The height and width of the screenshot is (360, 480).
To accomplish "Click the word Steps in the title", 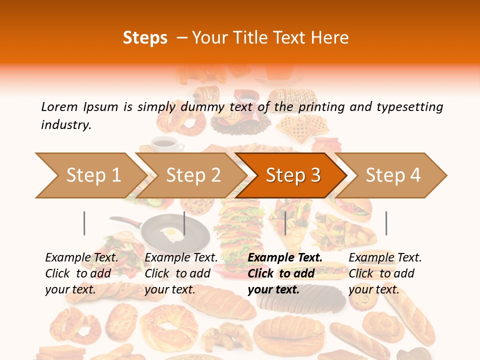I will (x=145, y=38).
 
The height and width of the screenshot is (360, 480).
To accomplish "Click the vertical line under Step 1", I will (x=84, y=223).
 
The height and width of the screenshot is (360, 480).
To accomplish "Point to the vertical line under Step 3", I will (x=285, y=223).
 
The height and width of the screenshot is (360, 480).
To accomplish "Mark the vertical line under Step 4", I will (x=386, y=223).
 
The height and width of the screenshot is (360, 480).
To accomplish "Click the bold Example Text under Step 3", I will (x=285, y=258).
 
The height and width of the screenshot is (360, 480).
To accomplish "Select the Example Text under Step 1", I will (x=81, y=258).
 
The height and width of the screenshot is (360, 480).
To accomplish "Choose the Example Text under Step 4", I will (x=385, y=258).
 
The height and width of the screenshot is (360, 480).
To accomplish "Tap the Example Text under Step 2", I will (x=181, y=258).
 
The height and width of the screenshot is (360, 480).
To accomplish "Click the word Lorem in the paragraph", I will (x=59, y=107).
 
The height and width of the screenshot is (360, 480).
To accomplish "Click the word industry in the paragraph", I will (x=66, y=125).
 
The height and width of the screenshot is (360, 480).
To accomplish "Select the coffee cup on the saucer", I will (x=164, y=143).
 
